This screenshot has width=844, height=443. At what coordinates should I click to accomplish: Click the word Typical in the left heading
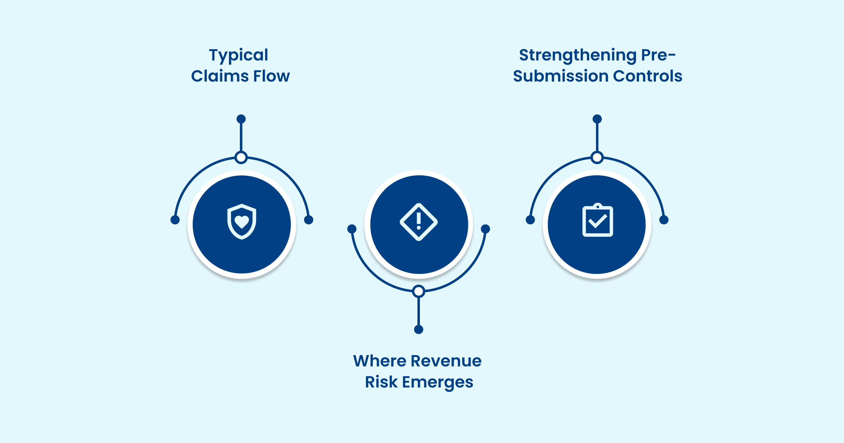point(238,55)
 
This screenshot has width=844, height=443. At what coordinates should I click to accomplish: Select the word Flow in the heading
point(271,76)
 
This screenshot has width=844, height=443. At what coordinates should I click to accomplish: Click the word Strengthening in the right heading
point(577,55)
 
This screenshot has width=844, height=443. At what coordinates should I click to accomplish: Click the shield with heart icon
point(242,222)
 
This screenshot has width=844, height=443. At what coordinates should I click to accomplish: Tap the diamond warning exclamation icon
point(418,222)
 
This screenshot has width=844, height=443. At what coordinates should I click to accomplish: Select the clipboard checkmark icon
point(597,220)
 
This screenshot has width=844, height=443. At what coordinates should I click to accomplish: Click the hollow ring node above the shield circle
point(241,158)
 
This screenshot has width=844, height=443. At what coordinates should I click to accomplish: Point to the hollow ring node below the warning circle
point(418,291)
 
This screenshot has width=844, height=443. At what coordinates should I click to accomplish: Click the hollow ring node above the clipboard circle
point(597,158)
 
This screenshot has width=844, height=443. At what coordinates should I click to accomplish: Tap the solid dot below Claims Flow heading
point(241,119)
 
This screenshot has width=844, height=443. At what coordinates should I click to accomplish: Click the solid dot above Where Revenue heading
point(418,329)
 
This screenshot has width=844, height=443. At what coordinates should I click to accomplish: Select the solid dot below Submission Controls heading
point(597,119)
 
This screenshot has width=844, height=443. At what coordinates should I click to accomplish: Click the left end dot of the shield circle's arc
point(175,220)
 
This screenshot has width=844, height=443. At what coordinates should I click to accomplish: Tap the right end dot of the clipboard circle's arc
point(664,220)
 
